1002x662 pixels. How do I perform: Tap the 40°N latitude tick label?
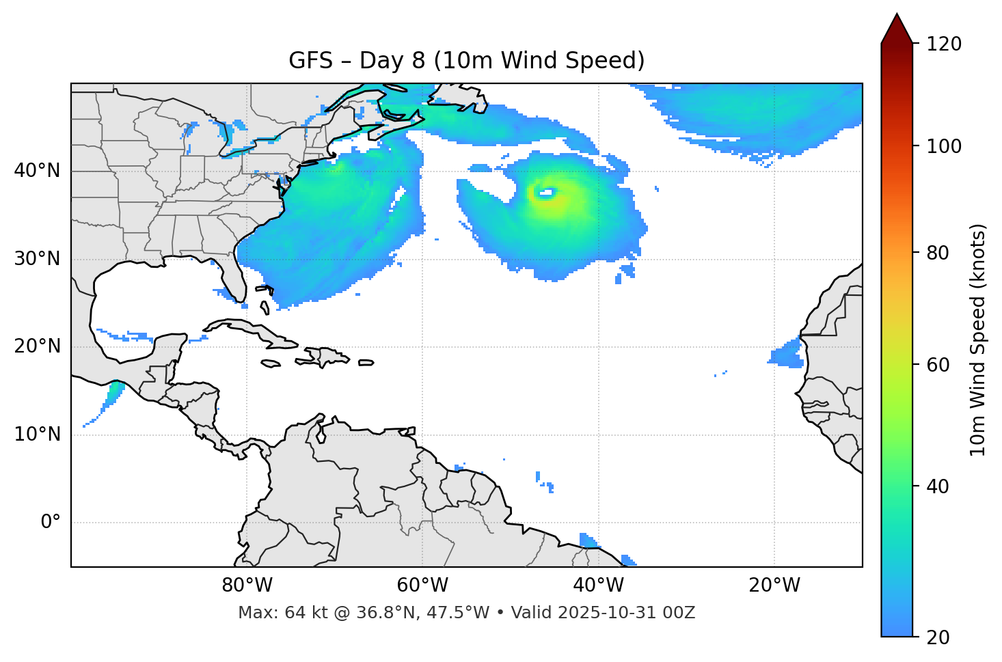tap(38, 171)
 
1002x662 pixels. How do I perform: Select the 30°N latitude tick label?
tap(38, 259)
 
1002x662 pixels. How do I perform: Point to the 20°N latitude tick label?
tap(38, 346)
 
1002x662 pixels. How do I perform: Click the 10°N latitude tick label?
tap(38, 435)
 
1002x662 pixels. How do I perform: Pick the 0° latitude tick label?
tap(51, 523)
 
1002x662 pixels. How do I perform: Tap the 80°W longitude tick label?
tap(247, 585)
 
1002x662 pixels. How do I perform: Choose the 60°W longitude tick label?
tap(422, 585)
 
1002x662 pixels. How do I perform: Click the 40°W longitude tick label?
tap(599, 585)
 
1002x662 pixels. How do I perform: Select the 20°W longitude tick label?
tap(774, 585)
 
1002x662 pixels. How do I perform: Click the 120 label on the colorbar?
tap(944, 44)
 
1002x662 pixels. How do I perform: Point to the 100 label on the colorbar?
tap(944, 146)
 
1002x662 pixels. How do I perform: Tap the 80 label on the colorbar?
tap(940, 253)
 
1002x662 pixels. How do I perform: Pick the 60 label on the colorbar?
tap(940, 365)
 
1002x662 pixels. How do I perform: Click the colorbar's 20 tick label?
tap(940, 637)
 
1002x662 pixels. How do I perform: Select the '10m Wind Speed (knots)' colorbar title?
tap(978, 340)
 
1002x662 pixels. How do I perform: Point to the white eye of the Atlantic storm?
tap(545, 193)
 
